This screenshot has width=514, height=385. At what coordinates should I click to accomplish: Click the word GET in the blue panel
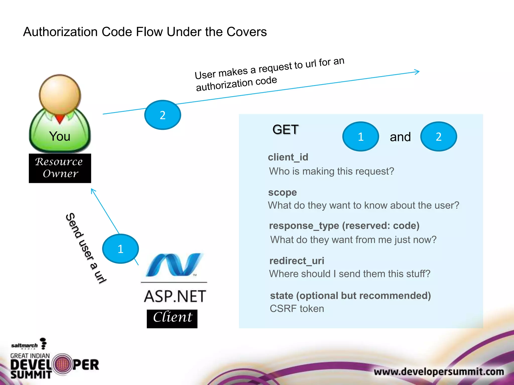[x=285, y=130]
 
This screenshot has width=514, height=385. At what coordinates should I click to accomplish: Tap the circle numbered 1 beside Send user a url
[x=120, y=249]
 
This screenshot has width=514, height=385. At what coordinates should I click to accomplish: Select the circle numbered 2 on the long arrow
[x=163, y=115]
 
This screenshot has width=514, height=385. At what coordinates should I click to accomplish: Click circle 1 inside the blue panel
[x=361, y=137]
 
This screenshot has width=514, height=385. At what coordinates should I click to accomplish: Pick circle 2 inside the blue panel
[x=438, y=137]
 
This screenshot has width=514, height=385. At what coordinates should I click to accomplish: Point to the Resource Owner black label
[x=60, y=168]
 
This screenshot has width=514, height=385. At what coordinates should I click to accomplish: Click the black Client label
[x=172, y=318]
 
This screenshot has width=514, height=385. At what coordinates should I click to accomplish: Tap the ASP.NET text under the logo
[x=175, y=296]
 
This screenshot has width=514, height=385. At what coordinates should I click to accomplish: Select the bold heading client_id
[x=288, y=157]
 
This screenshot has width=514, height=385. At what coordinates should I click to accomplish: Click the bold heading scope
[x=282, y=192]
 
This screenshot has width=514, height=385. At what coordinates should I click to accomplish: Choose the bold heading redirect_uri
[x=297, y=261]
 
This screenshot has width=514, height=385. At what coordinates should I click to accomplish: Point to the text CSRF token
[x=297, y=309]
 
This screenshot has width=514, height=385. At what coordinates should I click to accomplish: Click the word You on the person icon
[x=60, y=136]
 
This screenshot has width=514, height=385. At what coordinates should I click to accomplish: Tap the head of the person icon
[x=60, y=94]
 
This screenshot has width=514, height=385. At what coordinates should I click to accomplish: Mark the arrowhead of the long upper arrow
[x=418, y=72]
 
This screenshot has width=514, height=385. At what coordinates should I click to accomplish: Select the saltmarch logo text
[x=24, y=345]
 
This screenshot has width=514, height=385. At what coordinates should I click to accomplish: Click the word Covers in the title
[x=246, y=32]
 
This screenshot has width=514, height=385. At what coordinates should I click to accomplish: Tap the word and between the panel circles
[x=400, y=137]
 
